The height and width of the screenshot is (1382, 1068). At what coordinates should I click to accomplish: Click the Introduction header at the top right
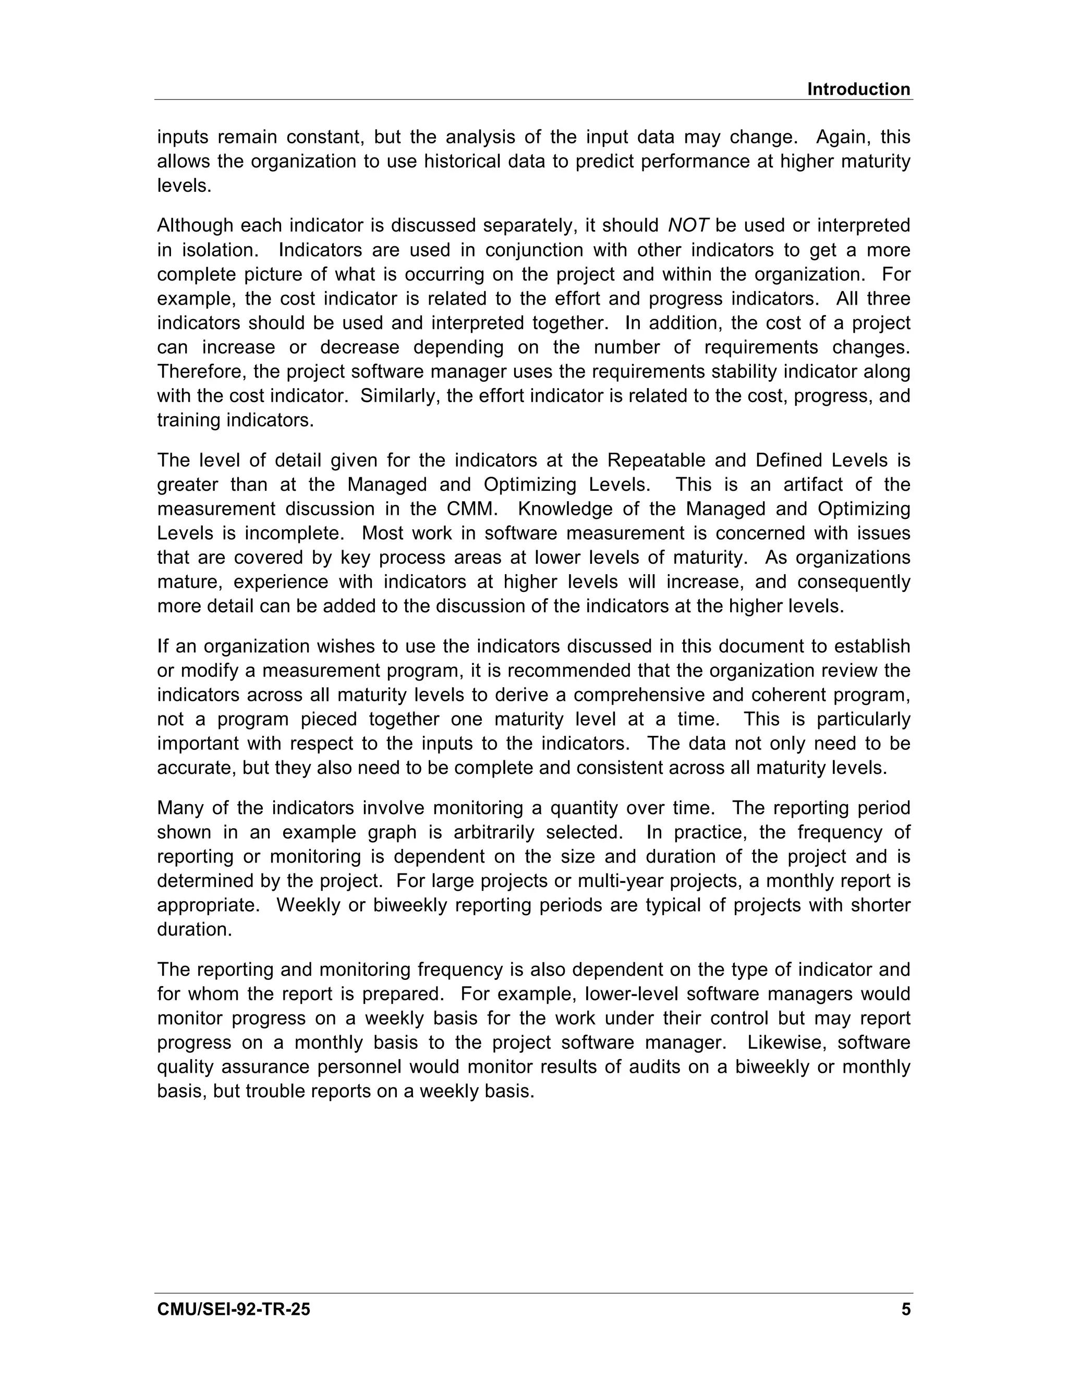pyautogui.click(x=858, y=89)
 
